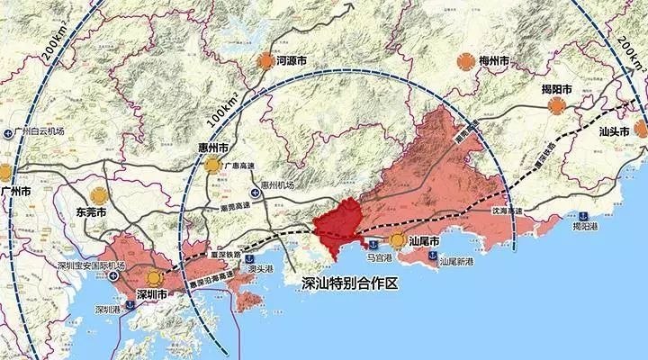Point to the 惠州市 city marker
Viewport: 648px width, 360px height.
211,165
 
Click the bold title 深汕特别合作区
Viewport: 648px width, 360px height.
351,283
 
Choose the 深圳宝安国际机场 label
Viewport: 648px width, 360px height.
87,266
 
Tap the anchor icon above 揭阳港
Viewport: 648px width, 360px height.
582,215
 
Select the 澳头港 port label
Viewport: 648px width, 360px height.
258,268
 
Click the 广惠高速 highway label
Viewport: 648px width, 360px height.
239,163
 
